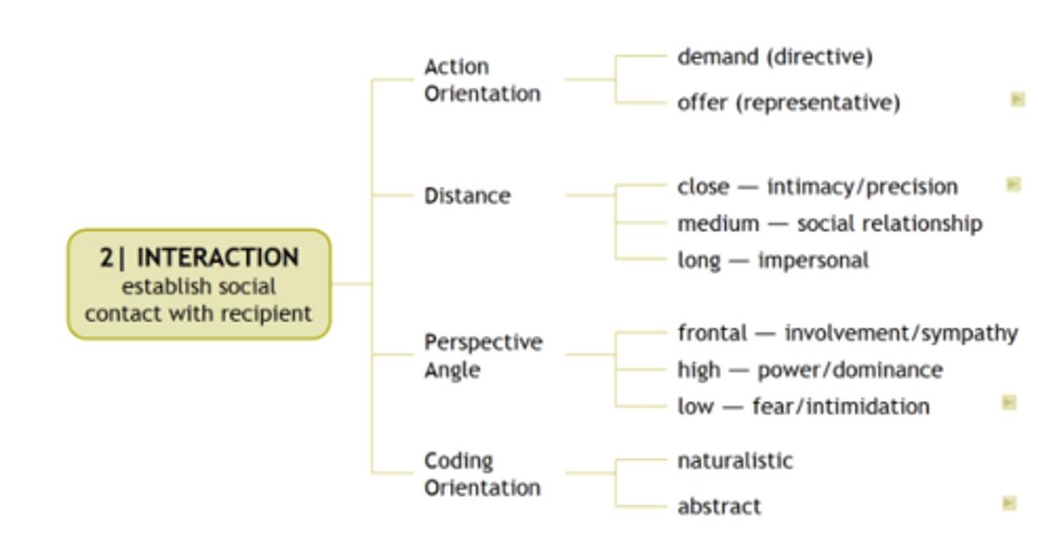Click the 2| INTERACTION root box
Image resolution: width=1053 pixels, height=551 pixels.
point(199,284)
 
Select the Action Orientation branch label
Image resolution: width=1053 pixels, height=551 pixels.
point(482,80)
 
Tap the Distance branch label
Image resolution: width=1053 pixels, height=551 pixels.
point(467,196)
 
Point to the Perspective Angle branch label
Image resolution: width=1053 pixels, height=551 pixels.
point(483,356)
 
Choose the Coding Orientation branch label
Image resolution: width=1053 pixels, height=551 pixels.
point(482,474)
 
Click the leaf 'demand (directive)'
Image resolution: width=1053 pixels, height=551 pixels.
point(774,57)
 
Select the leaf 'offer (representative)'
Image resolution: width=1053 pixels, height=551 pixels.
point(788,102)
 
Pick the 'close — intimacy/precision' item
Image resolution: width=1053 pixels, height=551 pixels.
point(817,187)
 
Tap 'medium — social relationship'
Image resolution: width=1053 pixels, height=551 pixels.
point(829,224)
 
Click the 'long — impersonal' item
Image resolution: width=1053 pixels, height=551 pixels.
point(773,260)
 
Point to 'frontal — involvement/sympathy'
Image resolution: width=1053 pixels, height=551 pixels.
point(847,333)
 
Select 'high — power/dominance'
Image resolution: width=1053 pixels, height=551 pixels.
point(809,370)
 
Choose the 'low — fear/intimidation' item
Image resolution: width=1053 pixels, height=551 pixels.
point(803,406)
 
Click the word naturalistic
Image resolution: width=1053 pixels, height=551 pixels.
point(735,460)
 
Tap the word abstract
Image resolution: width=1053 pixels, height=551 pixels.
point(719,506)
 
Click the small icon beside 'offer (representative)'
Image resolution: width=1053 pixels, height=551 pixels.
point(1017,99)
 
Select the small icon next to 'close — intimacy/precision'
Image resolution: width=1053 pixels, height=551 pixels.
point(1013,184)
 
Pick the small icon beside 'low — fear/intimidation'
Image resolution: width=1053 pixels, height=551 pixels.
point(1009,402)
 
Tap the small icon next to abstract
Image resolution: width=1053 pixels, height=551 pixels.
point(1009,503)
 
